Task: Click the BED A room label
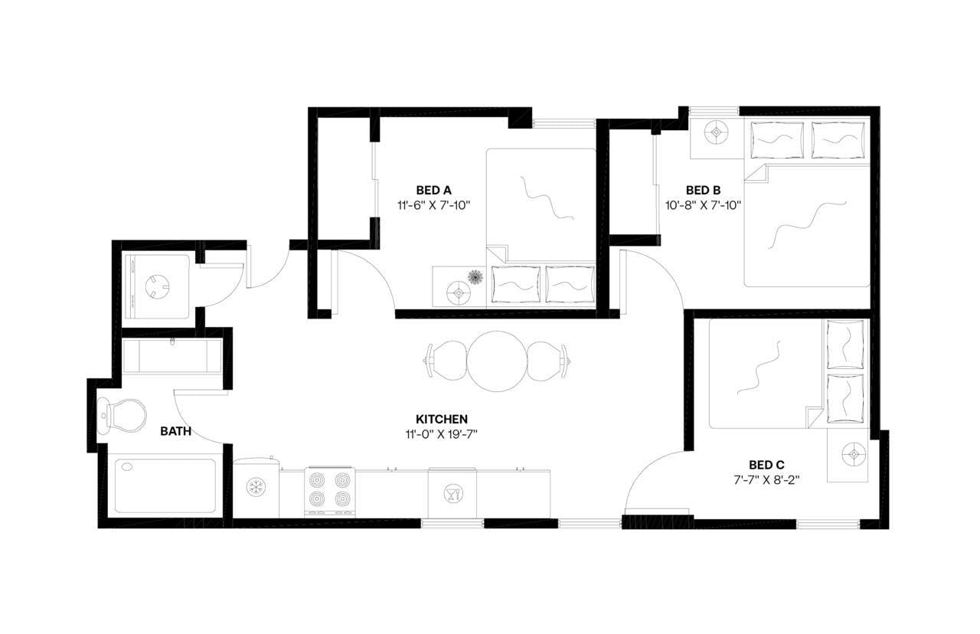[x=433, y=190]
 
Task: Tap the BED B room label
[x=703, y=190]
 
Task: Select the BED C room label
[x=766, y=465]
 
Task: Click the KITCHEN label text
[x=442, y=419]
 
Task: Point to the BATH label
[x=175, y=432]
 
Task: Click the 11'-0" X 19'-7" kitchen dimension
[x=442, y=434]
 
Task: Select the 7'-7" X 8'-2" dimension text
[x=766, y=479]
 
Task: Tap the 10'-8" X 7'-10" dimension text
[x=703, y=205]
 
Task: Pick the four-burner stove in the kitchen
[x=330, y=491]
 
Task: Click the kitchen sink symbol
[x=452, y=493]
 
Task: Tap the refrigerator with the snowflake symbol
[x=256, y=489]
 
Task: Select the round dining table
[x=498, y=361]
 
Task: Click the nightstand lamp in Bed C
[x=850, y=455]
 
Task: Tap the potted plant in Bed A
[x=475, y=276]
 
